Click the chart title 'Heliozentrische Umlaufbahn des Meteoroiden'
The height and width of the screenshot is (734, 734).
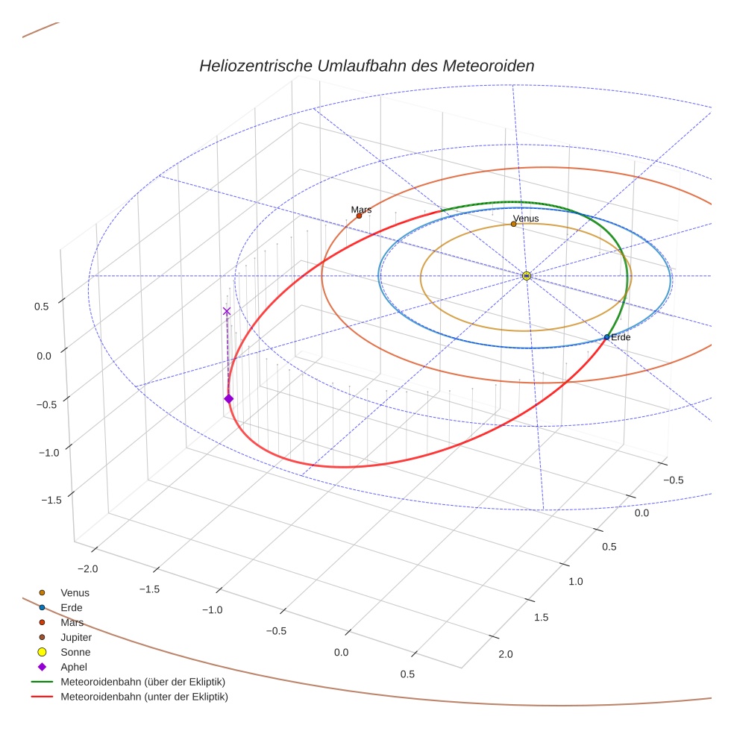point(366,66)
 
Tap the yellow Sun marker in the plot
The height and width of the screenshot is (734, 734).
point(526,276)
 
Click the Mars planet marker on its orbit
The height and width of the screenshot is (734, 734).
point(359,216)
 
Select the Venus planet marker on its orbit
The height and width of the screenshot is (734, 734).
point(513,224)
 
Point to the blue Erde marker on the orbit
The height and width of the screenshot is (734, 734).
point(606,338)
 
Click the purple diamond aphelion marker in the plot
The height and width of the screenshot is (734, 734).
point(228,399)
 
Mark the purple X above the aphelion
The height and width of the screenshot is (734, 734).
point(227,311)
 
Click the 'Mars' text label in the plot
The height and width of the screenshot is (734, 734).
point(361,210)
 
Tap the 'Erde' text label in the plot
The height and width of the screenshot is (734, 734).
point(621,338)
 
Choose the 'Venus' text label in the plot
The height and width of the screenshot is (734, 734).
point(526,218)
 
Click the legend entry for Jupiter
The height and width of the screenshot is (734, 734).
point(76,638)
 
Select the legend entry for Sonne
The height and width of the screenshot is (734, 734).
point(75,653)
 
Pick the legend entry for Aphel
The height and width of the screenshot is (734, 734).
point(74,668)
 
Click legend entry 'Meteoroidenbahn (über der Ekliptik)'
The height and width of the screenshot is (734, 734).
point(142,683)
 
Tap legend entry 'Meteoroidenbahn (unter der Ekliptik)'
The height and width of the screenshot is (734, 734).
point(144,697)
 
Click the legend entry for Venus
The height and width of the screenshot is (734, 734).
point(75,593)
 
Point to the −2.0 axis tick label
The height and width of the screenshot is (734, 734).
point(87,569)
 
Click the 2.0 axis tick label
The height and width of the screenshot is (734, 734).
point(505,655)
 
